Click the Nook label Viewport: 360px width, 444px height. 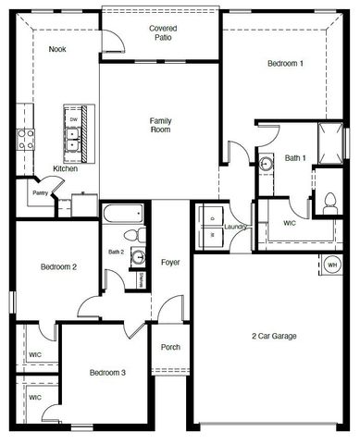(x=56, y=50)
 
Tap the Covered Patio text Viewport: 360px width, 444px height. (x=163, y=35)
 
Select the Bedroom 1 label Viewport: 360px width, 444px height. (x=284, y=63)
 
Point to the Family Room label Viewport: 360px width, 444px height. (x=161, y=126)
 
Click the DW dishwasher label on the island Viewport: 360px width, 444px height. (x=72, y=119)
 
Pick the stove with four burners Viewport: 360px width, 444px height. (x=25, y=139)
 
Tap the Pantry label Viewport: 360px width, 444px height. (x=40, y=192)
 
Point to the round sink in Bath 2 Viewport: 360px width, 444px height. (x=137, y=256)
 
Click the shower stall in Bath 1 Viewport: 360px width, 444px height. (x=329, y=140)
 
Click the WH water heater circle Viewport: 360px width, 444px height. (x=331, y=265)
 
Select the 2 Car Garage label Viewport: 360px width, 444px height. (x=273, y=336)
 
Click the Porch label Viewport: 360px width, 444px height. (x=170, y=348)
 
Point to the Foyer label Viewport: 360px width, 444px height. (x=170, y=263)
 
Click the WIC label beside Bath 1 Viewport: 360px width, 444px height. (x=290, y=223)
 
